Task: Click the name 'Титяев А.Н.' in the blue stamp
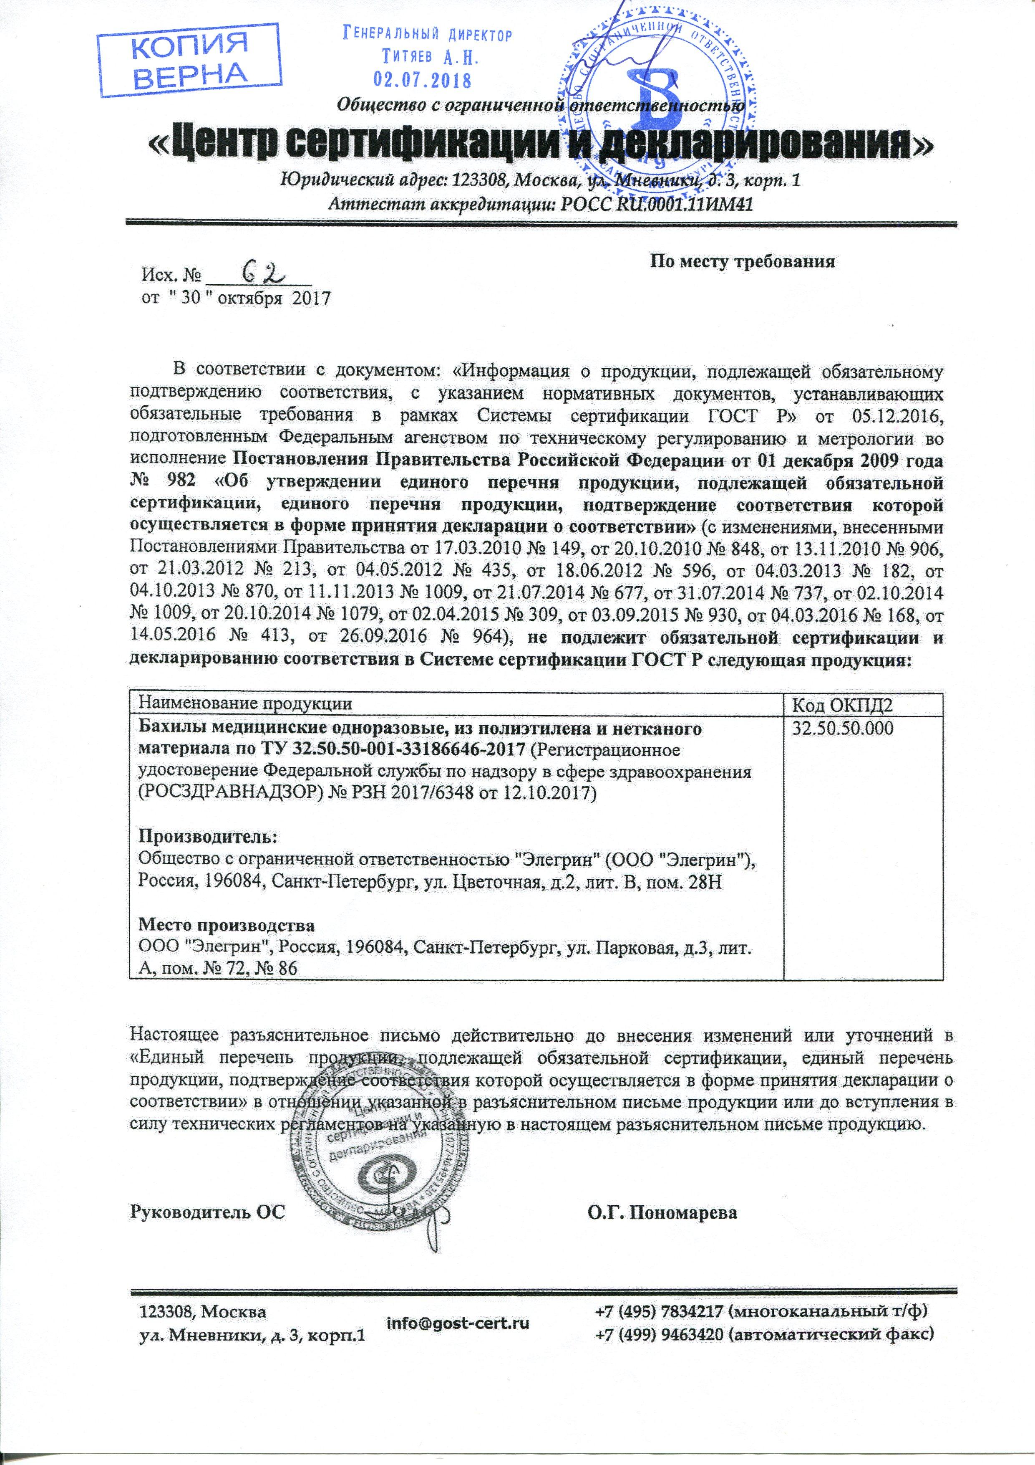click(426, 58)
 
